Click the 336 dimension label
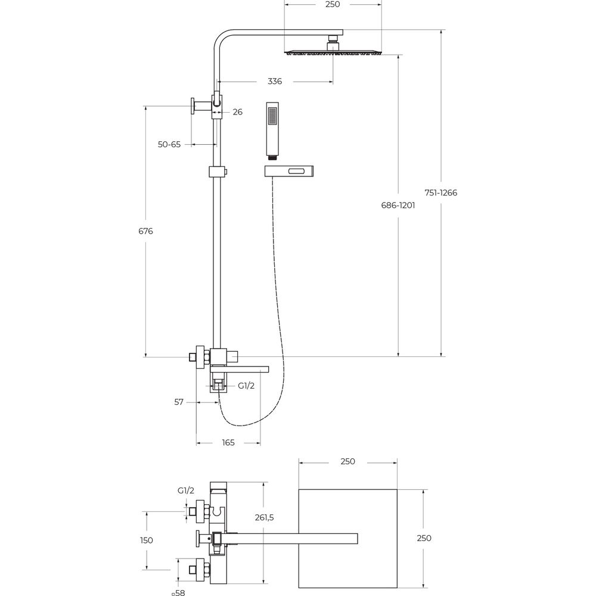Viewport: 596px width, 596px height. [x=275, y=81]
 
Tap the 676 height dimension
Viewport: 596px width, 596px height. [x=145, y=231]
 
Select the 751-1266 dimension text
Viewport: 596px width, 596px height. [x=441, y=193]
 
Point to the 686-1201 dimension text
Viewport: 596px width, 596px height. [x=398, y=205]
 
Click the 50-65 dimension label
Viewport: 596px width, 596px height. [x=169, y=144]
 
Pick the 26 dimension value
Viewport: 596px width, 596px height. [x=238, y=112]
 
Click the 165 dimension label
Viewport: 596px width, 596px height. [x=228, y=442]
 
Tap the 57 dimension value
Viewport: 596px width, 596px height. [x=179, y=402]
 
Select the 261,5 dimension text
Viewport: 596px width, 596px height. [x=265, y=517]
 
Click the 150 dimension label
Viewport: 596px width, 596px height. [x=147, y=540]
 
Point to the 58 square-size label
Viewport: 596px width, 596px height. [x=178, y=592]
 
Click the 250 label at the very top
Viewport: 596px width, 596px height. [x=333, y=4]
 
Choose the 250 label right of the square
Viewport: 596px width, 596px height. [x=424, y=538]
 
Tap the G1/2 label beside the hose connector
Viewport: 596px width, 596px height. [x=246, y=386]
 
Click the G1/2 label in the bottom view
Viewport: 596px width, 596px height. [x=186, y=491]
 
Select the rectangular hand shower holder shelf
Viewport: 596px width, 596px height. [x=289, y=171]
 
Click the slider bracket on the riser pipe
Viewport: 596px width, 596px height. [x=218, y=172]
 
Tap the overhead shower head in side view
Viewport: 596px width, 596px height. [x=333, y=52]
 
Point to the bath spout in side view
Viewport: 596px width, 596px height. [x=240, y=369]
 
